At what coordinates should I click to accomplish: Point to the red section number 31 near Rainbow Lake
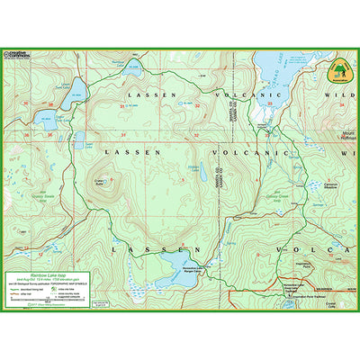[x=122, y=135]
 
